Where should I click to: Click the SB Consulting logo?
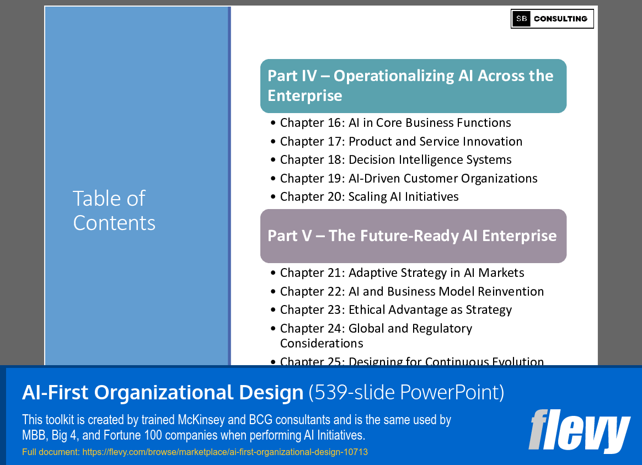tap(552, 19)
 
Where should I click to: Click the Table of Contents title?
tap(114, 210)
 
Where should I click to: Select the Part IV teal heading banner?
tap(413, 85)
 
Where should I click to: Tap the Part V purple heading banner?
tap(413, 236)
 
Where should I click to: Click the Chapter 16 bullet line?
tap(395, 122)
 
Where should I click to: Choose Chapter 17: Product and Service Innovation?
tap(401, 141)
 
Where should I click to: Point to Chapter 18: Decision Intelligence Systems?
tap(395, 159)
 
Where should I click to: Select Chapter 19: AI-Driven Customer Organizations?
tap(408, 178)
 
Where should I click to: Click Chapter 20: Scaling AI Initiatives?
tap(369, 196)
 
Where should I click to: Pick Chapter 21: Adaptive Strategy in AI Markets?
tap(402, 272)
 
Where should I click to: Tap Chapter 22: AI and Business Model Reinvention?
tap(411, 291)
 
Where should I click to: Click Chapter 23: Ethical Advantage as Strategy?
tap(395, 309)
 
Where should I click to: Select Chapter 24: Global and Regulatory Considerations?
tap(376, 335)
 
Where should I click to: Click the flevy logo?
tap(579, 430)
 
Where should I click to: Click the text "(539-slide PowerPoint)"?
tap(406, 392)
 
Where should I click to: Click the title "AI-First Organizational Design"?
tap(163, 392)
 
